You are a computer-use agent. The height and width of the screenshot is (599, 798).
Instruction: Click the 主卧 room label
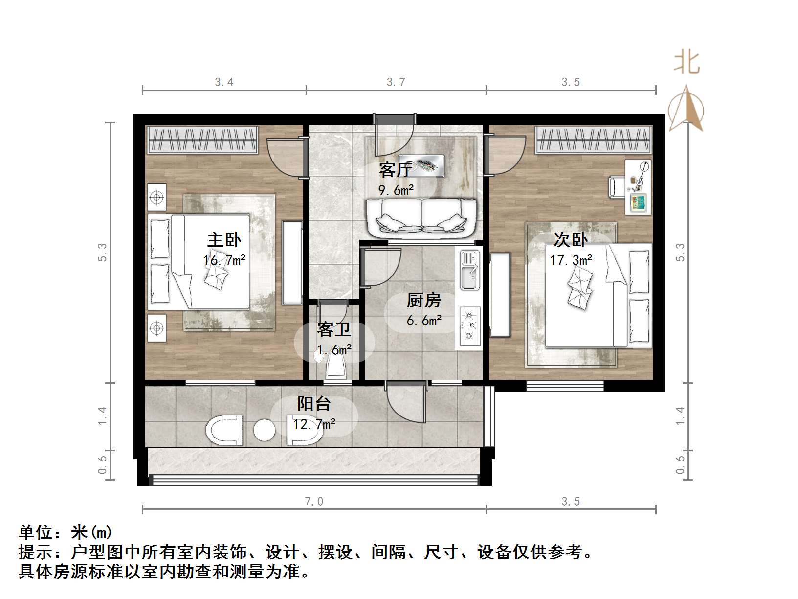[x=224, y=240]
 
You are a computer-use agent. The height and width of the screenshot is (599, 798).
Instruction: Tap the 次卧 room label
[x=570, y=240]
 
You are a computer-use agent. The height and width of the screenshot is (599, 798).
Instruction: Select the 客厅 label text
[x=394, y=170]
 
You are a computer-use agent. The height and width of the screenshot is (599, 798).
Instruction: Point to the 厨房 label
[x=423, y=300]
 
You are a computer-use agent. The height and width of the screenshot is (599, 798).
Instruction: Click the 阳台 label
[x=314, y=404]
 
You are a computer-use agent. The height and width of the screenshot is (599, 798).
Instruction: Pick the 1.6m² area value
[x=334, y=350]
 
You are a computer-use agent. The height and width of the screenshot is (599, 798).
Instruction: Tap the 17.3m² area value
[x=570, y=260]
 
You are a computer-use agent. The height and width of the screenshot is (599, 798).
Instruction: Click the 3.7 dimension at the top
[x=396, y=82]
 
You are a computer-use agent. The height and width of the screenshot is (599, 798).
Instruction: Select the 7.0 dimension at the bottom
[x=314, y=502]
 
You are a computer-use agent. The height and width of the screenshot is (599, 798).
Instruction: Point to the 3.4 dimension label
[x=224, y=82]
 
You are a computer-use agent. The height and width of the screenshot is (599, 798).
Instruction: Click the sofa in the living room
[x=421, y=218]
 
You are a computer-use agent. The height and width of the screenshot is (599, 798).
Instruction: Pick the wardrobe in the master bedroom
[x=202, y=139]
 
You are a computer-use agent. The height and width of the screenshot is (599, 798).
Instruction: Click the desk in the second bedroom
[x=639, y=186]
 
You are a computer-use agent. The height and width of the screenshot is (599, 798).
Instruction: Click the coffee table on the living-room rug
[x=427, y=166]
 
